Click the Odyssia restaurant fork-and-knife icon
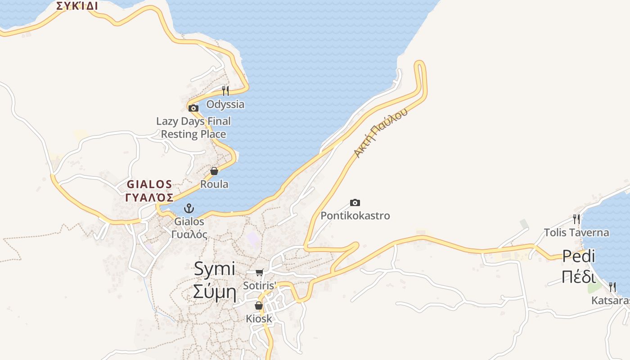pos(225,91)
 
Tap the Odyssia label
pos(225,104)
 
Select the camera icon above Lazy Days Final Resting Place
pos(193,108)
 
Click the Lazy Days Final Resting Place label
pos(193,128)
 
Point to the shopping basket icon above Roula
pos(214,171)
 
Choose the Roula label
pos(214,184)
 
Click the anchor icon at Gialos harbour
pos(189,208)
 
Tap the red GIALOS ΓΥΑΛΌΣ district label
pos(150,191)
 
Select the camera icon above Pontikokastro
pos(355,203)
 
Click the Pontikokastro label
pos(355,216)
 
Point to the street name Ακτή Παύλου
pos(381,133)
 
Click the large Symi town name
pos(215,269)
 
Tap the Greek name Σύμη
pos(215,292)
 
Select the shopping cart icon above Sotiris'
pos(259,272)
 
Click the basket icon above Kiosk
pos(259,306)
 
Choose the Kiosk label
pos(259,319)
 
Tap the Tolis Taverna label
pos(576,233)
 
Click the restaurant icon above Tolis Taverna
pos(576,219)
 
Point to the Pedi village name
pos(579,256)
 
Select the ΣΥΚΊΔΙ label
pos(77,6)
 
